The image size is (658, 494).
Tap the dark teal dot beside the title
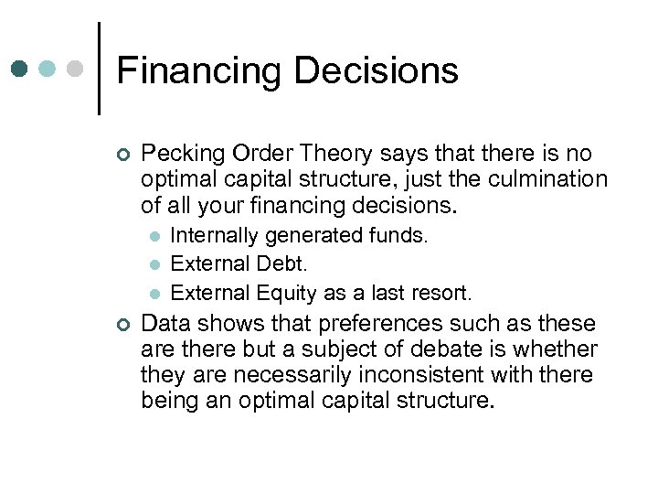click(21, 69)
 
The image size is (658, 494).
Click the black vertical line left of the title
click(99, 68)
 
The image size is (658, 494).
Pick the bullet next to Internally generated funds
click(154, 236)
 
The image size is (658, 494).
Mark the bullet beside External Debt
click(154, 264)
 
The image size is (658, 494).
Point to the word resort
click(442, 294)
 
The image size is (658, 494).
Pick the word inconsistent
click(417, 375)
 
